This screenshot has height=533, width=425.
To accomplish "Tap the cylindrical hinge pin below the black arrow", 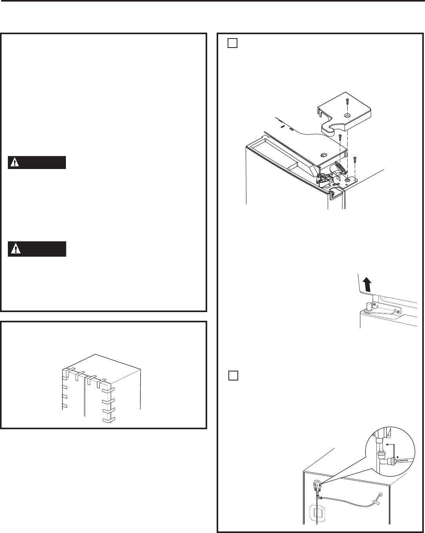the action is tap(369, 307).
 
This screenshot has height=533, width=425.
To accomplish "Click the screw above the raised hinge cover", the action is tap(347, 101).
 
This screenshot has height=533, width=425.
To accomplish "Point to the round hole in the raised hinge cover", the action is tap(347, 116).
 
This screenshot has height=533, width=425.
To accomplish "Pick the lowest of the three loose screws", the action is tap(355, 160).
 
